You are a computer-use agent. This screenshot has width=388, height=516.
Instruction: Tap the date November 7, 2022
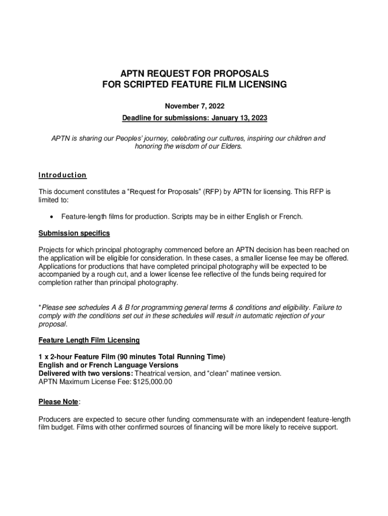[x=195, y=106]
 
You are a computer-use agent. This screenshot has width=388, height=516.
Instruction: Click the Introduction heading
[x=62, y=175]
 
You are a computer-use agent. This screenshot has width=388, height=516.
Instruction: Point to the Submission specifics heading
[x=74, y=233]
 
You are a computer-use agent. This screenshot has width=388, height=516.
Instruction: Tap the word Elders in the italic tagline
[x=231, y=146]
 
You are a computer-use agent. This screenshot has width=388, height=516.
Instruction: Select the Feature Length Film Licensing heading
[x=89, y=340]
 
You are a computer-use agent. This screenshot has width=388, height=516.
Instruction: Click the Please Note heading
[x=58, y=402]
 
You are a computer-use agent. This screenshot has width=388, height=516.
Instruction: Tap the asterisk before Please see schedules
[x=40, y=307]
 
